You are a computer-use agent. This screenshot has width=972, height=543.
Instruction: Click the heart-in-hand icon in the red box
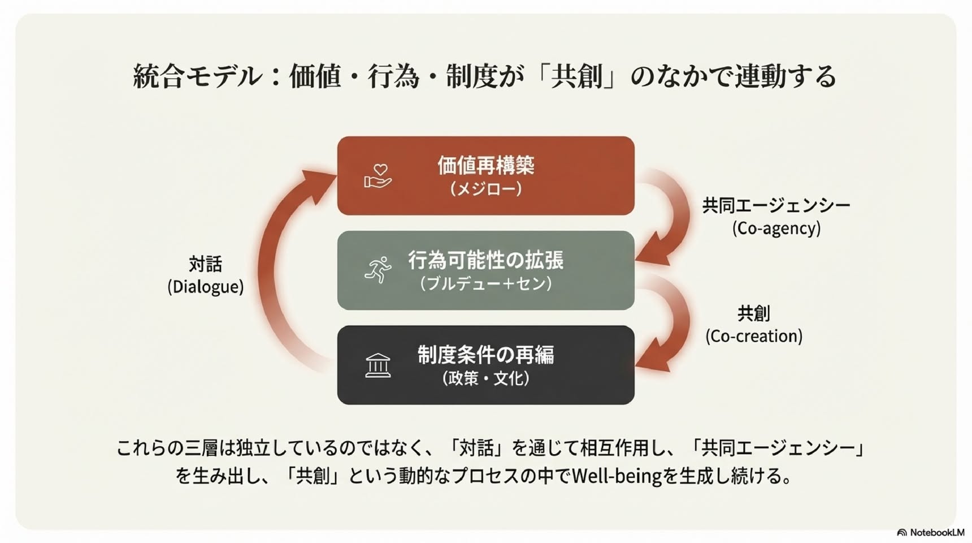378,176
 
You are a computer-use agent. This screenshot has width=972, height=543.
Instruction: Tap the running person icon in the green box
378,270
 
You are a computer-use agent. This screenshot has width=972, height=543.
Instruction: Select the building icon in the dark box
378,365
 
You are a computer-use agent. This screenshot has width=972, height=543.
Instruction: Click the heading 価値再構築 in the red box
486,165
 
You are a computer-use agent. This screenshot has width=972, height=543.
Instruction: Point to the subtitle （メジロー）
486,188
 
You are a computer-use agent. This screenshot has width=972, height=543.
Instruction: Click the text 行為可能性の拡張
486,260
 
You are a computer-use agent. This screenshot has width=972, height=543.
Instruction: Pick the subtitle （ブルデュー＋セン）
486,283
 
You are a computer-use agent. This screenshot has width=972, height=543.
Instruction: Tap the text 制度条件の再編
486,355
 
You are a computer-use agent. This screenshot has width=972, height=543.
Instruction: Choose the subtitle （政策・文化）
486,378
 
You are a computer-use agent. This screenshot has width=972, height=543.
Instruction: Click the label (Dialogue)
206,287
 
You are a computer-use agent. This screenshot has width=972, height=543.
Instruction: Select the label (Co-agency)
776,228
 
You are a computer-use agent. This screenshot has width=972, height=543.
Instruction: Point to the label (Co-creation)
754,336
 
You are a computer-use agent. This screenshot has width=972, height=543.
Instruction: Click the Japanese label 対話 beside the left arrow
206,264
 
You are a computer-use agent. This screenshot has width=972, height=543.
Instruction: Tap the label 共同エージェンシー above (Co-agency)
776,205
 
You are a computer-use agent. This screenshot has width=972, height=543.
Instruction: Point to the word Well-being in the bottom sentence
617,476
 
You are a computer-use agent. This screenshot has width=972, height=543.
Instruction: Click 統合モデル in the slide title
198,76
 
